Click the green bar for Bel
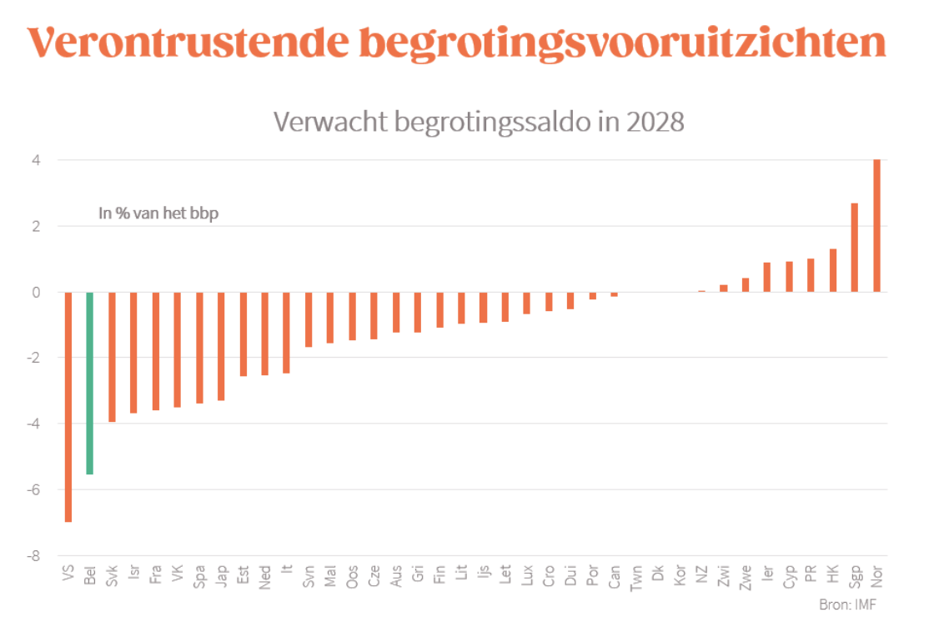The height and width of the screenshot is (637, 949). [x=89, y=383]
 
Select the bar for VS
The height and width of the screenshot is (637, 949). [x=68, y=407]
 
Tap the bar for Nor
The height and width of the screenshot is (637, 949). [x=876, y=225]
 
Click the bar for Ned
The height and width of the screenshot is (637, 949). [x=264, y=334]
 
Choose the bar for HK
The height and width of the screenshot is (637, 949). [x=832, y=270]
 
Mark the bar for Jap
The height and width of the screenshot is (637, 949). [x=221, y=346]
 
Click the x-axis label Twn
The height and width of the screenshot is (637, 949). [x=636, y=577]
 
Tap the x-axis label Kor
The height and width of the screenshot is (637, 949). [x=680, y=576]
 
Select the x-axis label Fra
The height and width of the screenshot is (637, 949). [x=155, y=576]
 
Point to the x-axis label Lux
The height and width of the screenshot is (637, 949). [x=526, y=576]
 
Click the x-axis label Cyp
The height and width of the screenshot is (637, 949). [x=789, y=577]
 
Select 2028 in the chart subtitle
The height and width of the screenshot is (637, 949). [x=652, y=122]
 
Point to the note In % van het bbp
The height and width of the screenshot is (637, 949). [x=158, y=213]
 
